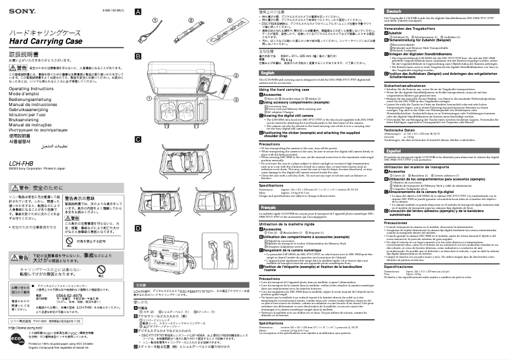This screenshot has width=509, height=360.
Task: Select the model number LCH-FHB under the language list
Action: [24, 163]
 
